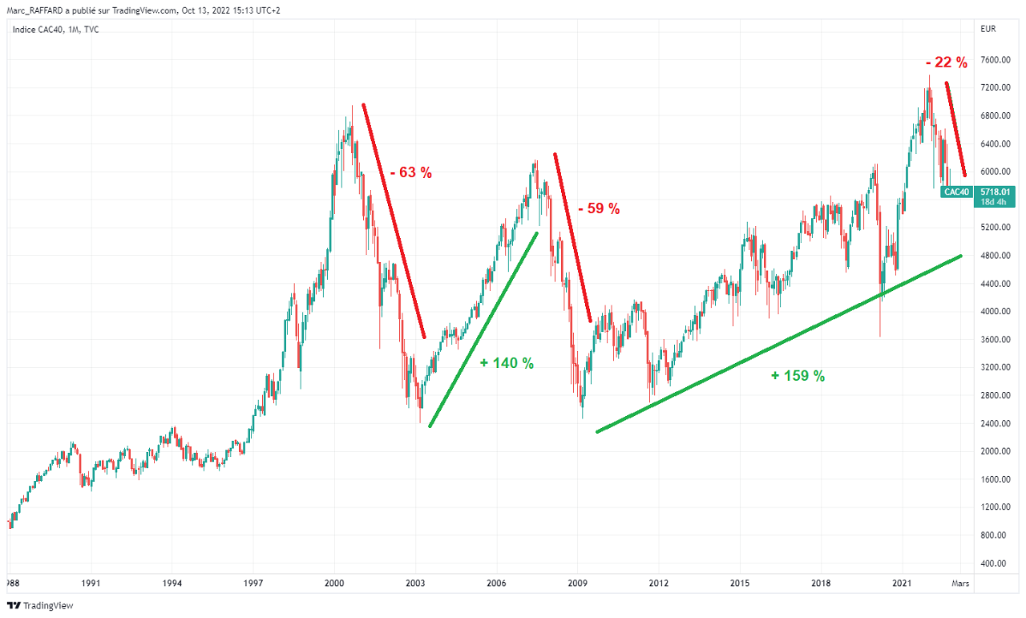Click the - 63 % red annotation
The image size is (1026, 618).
click(411, 172)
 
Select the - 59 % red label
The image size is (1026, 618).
click(599, 208)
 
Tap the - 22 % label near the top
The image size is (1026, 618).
click(946, 62)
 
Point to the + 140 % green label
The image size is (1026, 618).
click(507, 363)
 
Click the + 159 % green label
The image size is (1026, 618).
click(798, 375)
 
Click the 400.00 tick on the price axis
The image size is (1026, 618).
click(994, 563)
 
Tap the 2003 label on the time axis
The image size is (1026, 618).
click(415, 584)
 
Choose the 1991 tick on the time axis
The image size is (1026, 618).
click(91, 584)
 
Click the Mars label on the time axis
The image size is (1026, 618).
click(959, 584)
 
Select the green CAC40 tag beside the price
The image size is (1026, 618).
click(956, 192)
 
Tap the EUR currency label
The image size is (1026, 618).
click(988, 30)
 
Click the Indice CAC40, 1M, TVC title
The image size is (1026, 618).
click(55, 30)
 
